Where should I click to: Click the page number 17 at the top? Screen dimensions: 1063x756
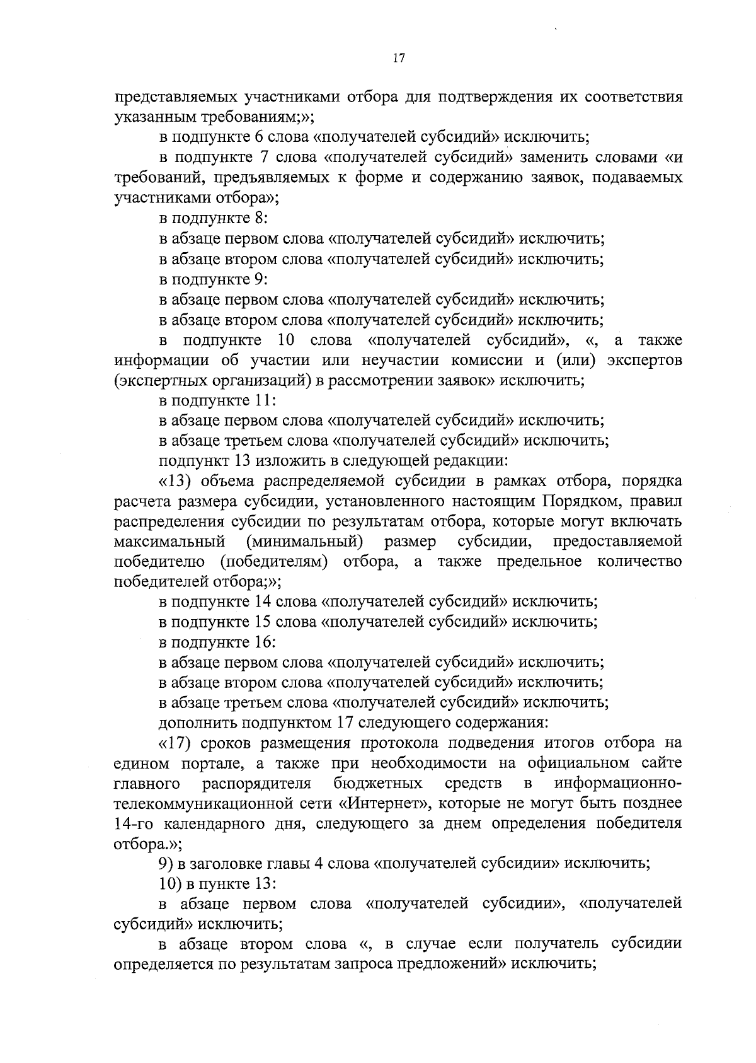(398, 58)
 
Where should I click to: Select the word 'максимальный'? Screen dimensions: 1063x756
(170, 542)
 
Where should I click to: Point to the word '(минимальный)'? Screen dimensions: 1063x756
(305, 542)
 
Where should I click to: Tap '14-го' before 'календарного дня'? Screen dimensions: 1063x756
(134, 824)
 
